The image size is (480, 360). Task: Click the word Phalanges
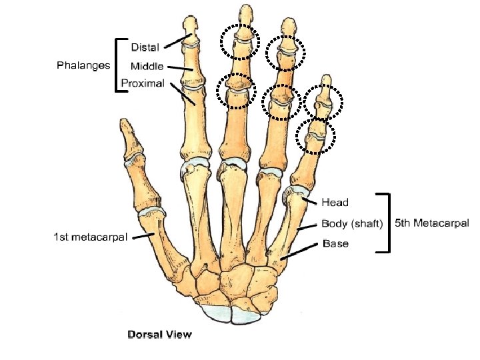[83, 65]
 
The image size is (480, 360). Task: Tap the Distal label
[145, 47]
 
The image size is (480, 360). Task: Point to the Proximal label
[143, 84]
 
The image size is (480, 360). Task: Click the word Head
[335, 201]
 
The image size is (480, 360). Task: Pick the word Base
[335, 243]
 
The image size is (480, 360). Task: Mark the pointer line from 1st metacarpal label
[141, 236]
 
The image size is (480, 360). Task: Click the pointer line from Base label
[299, 251]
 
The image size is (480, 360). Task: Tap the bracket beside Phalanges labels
[119, 65]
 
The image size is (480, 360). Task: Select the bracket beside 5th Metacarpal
[387, 223]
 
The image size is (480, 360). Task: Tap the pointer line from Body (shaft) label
[307, 227]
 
